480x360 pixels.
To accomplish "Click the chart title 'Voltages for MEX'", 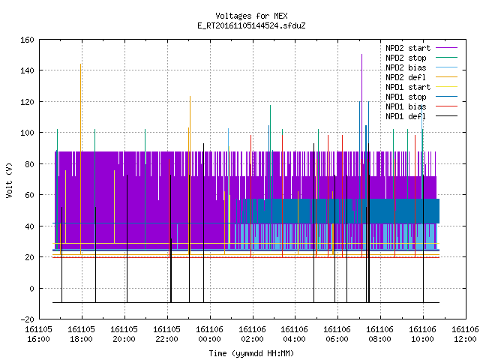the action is [x=251, y=16].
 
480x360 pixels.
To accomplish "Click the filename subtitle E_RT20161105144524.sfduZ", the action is [x=251, y=25].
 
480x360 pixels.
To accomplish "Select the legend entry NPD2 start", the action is [x=421, y=48].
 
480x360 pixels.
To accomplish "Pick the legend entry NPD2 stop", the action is [x=421, y=58].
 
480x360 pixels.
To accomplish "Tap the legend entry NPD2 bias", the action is [x=421, y=67].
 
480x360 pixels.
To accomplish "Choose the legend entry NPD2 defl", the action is [x=421, y=77].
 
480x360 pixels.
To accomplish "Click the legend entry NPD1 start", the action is [x=421, y=87].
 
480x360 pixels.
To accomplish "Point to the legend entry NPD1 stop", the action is [x=421, y=97].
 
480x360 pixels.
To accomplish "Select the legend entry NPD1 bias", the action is [x=421, y=106].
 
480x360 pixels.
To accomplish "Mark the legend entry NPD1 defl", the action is [x=421, y=117].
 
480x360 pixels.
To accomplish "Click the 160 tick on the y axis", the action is [x=27, y=40].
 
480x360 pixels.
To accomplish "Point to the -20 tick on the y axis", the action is [x=27, y=319].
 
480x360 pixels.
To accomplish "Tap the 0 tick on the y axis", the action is [x=31, y=288].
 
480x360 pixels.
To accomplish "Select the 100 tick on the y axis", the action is [x=27, y=133].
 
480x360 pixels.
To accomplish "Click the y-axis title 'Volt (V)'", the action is [x=10, y=180].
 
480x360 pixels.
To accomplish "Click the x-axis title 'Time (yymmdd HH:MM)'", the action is [x=251, y=353].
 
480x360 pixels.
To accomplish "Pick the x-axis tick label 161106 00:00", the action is [x=210, y=334].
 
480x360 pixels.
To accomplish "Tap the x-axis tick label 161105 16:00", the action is [x=38, y=334].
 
